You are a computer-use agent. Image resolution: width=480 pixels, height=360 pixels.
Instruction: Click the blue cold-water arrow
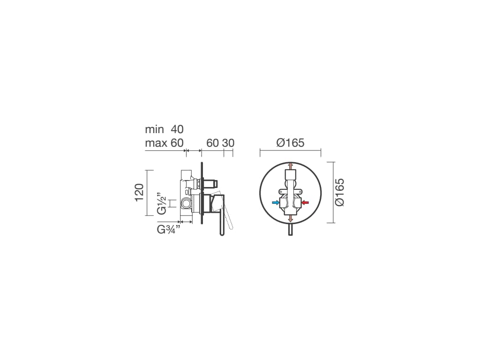click(276, 202)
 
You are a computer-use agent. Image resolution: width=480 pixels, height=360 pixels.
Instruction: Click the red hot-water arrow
click(305, 202)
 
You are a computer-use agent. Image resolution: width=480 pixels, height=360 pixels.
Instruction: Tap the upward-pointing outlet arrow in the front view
click(291, 166)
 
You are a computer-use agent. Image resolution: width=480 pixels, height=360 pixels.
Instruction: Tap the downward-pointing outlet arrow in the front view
click(291, 218)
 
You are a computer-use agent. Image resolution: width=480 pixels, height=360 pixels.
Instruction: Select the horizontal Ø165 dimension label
click(290, 142)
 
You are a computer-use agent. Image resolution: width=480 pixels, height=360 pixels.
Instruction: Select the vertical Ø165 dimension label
click(339, 192)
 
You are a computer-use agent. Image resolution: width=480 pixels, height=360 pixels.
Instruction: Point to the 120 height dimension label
click(139, 193)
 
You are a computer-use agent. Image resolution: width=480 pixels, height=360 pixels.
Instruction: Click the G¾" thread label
click(168, 229)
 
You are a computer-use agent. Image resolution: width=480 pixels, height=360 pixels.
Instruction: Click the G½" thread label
click(162, 203)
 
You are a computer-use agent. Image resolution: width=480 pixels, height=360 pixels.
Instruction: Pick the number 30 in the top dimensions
click(228, 143)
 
